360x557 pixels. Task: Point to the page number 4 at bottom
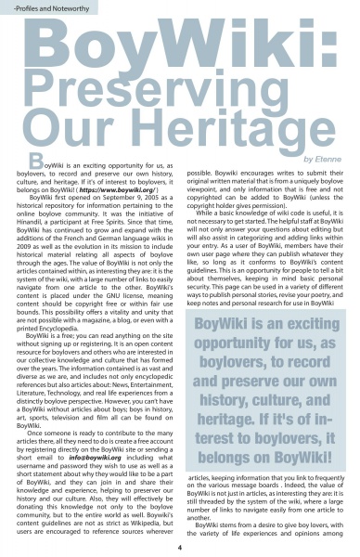click(179, 547)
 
